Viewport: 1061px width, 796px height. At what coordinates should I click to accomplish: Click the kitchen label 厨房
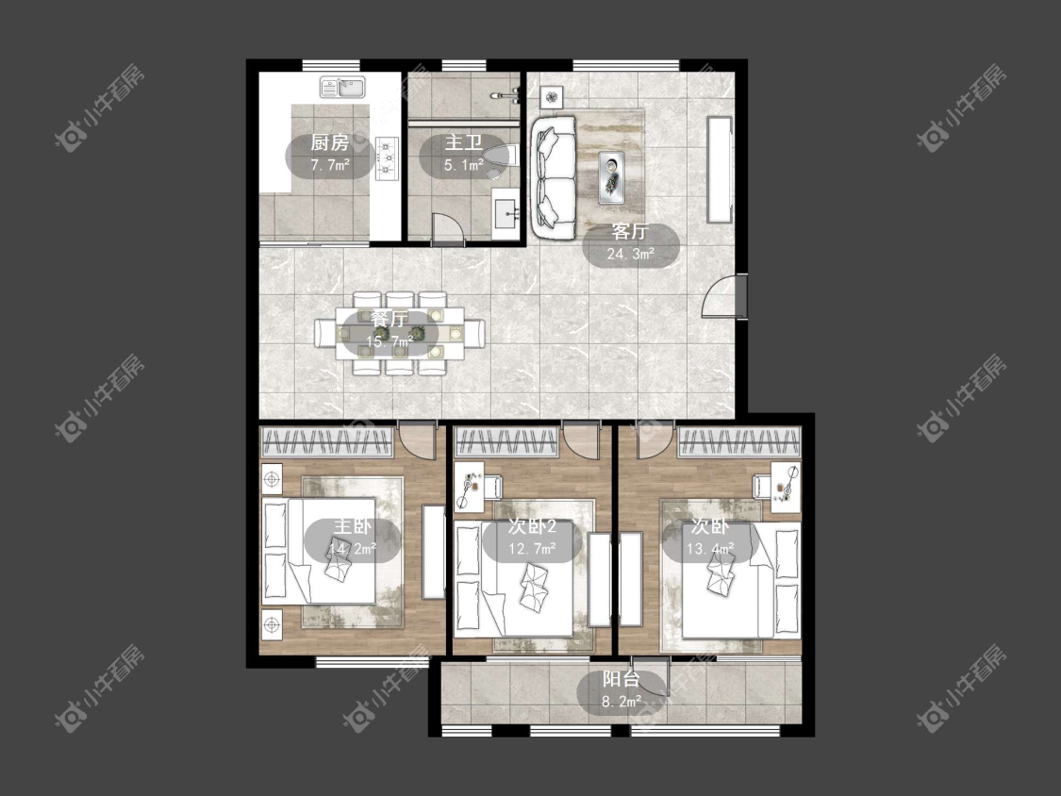(x=329, y=142)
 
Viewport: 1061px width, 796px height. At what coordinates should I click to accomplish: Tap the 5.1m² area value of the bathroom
(x=463, y=164)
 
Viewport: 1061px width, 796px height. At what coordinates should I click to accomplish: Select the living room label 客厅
(x=630, y=231)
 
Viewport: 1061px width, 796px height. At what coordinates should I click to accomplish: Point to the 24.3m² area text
(x=631, y=254)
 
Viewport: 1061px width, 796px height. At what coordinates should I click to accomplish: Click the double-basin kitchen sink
(x=342, y=87)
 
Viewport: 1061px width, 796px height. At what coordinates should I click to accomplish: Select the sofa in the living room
(x=554, y=177)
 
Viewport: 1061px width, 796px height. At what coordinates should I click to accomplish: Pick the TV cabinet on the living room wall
(x=720, y=170)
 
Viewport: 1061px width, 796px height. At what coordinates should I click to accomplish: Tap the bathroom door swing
(x=447, y=229)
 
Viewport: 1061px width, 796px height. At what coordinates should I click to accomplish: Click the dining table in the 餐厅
(x=400, y=333)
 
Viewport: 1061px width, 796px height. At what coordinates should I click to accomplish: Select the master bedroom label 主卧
(x=353, y=527)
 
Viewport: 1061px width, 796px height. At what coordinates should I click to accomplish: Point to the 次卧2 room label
(x=532, y=527)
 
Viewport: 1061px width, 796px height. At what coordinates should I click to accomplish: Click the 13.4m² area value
(x=710, y=548)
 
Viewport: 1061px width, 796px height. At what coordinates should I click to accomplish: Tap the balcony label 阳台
(x=622, y=680)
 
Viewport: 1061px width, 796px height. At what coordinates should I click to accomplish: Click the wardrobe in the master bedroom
(x=327, y=442)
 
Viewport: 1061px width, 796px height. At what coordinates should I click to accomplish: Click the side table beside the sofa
(x=553, y=97)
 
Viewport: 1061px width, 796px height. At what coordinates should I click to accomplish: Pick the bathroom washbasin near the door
(x=506, y=214)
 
